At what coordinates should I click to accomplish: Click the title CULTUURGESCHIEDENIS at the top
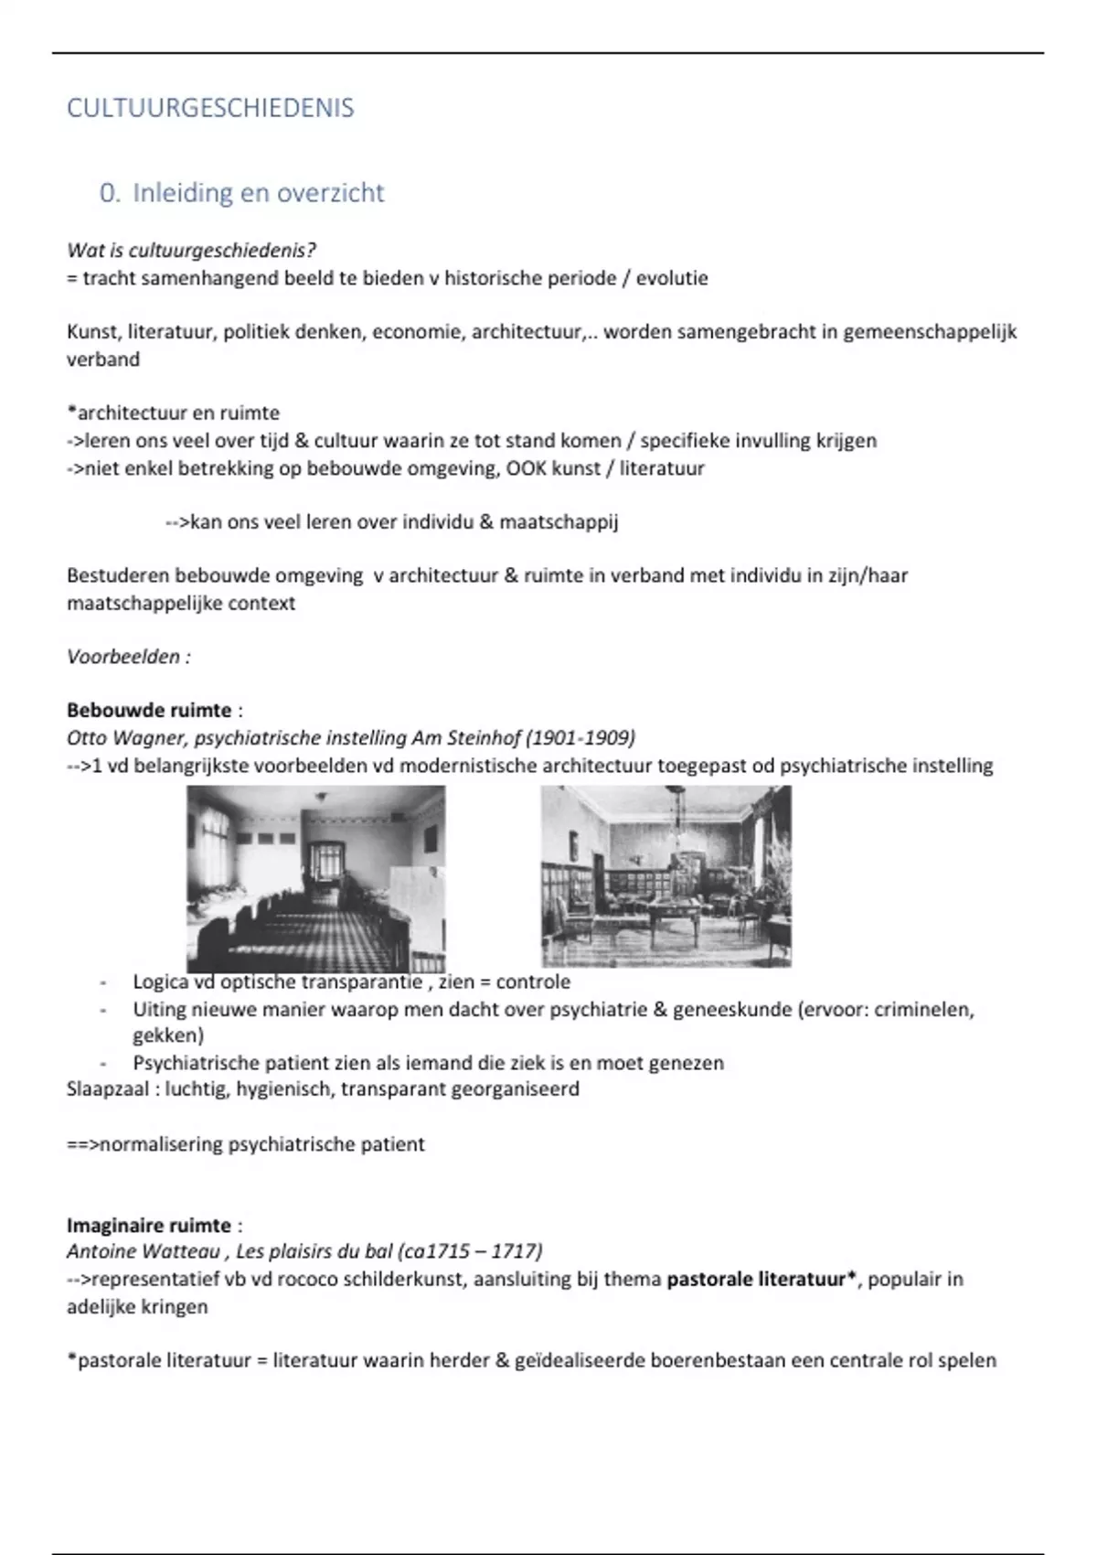pyautogui.click(x=210, y=108)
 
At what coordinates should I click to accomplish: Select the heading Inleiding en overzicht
pyautogui.click(x=258, y=193)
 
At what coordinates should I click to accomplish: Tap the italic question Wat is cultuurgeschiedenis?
pyautogui.click(x=191, y=250)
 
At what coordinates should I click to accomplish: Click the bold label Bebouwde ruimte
pyautogui.click(x=149, y=710)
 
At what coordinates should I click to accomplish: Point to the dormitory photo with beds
pyautogui.click(x=316, y=878)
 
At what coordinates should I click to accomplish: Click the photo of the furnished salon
pyautogui.click(x=666, y=875)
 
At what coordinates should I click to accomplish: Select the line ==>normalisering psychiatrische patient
pyautogui.click(x=245, y=1144)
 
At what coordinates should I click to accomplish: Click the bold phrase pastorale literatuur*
pyautogui.click(x=762, y=1279)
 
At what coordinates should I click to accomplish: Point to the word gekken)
pyautogui.click(x=168, y=1035)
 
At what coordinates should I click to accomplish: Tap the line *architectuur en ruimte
pyautogui.click(x=173, y=413)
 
